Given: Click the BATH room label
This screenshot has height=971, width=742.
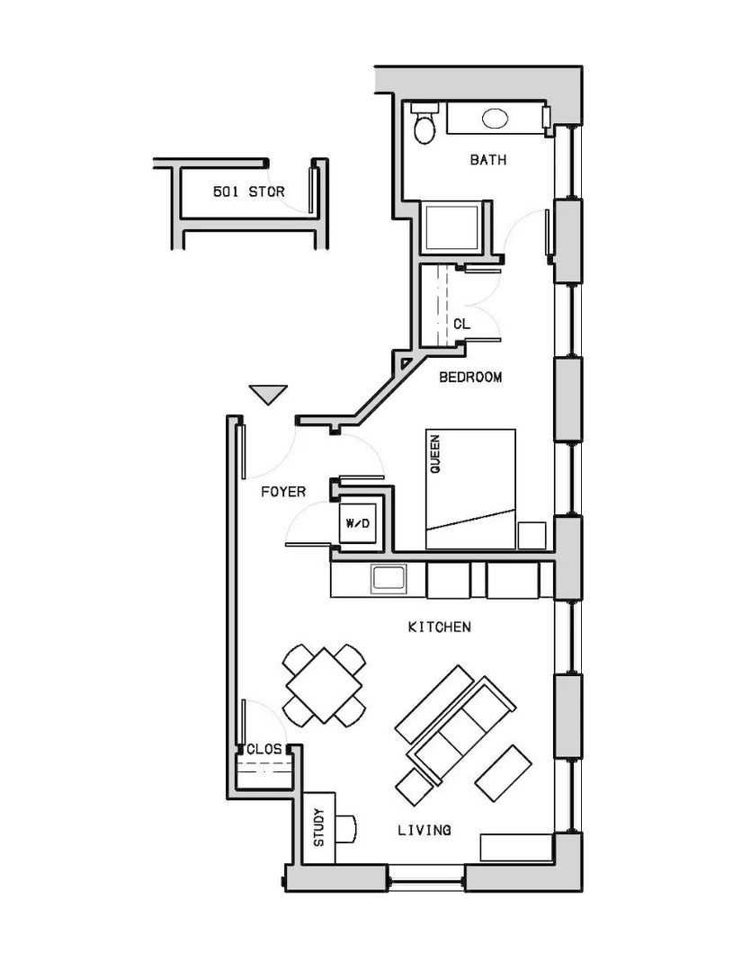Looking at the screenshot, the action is [488, 160].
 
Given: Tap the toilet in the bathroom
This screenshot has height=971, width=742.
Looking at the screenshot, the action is [425, 123].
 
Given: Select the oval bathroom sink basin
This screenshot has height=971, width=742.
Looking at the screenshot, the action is [495, 119].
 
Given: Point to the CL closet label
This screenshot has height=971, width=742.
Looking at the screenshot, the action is [461, 324].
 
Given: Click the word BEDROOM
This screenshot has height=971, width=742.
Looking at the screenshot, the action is [470, 377].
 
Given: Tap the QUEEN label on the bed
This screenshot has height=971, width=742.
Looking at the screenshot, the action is [435, 455].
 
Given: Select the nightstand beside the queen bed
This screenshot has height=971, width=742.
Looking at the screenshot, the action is [532, 536].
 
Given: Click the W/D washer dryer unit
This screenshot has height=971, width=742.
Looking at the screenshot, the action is [358, 524].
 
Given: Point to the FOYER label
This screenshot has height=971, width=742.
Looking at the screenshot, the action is [283, 492].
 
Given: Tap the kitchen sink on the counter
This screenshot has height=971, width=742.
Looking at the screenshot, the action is [388, 578].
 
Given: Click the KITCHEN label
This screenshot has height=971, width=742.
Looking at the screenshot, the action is [439, 628].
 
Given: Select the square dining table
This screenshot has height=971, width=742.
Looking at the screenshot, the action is [324, 685].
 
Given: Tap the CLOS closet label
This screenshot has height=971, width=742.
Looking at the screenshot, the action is [264, 749].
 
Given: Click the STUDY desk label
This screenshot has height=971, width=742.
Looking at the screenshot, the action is [318, 827].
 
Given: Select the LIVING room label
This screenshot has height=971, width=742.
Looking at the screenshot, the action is [425, 830].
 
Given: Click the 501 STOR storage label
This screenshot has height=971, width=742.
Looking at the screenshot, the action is [249, 192].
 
